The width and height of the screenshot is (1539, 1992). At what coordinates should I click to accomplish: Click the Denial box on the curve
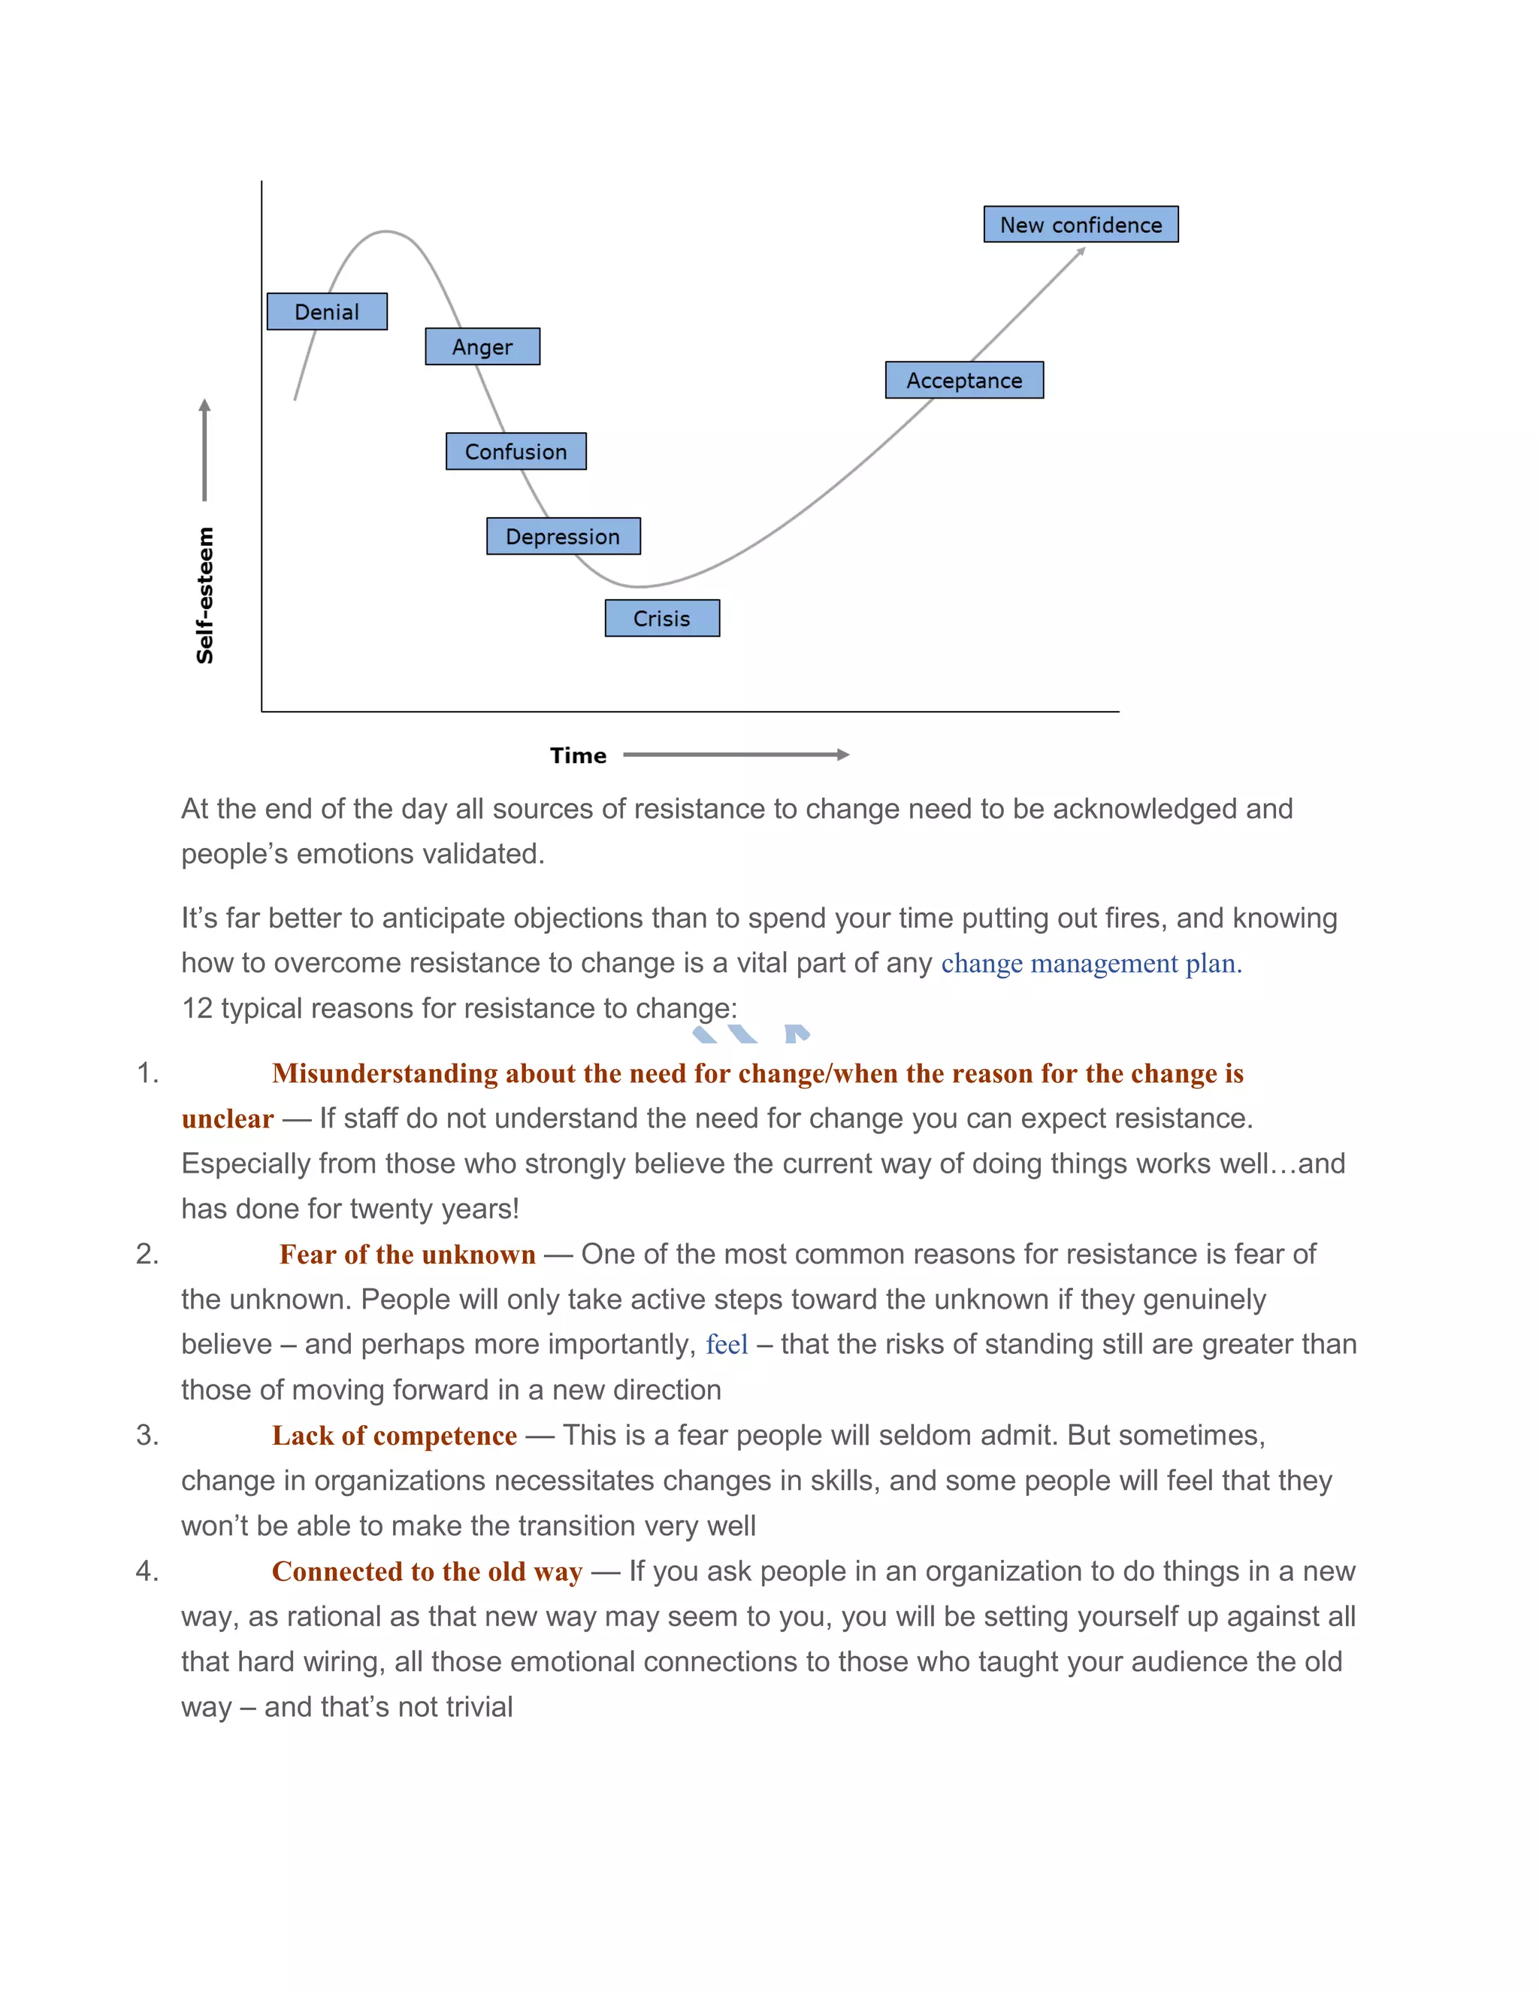(326, 312)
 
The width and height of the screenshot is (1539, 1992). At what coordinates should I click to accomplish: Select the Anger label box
(482, 347)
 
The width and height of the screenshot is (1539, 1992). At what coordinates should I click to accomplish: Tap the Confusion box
(516, 452)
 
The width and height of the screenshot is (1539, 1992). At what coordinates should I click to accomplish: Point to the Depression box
(563, 536)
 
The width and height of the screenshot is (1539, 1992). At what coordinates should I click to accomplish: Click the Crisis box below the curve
(662, 619)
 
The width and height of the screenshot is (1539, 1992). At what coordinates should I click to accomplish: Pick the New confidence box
(1081, 224)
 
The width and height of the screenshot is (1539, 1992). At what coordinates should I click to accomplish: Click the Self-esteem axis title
(205, 595)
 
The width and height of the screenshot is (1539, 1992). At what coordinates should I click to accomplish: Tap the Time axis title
(578, 755)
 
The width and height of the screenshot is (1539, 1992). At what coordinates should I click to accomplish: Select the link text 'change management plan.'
(1090, 963)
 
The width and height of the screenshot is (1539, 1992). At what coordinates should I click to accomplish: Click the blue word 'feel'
(727, 1345)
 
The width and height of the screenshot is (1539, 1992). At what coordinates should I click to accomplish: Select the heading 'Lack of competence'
(394, 1436)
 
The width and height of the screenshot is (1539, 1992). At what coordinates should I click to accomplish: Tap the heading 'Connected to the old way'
(427, 1572)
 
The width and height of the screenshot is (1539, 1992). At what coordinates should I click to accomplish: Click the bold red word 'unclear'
(227, 1119)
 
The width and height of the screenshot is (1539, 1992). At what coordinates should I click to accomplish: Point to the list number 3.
(147, 1436)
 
